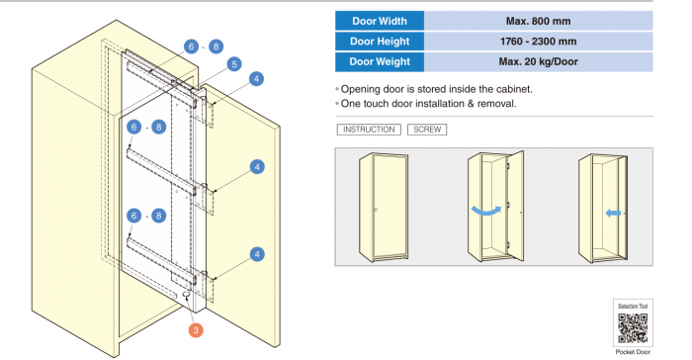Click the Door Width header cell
(x=380, y=21)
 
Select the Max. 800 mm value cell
(x=539, y=21)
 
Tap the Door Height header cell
(x=380, y=42)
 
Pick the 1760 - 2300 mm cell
(x=539, y=42)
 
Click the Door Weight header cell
(x=380, y=61)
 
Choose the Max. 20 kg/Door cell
(x=539, y=61)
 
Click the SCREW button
(x=427, y=130)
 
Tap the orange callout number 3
(x=196, y=330)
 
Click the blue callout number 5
(x=234, y=64)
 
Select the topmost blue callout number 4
(x=256, y=79)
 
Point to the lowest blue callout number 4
(x=257, y=254)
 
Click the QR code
(x=633, y=328)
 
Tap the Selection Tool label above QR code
(x=633, y=306)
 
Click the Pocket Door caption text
(x=633, y=352)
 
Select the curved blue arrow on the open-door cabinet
(x=486, y=211)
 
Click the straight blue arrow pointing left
(x=613, y=214)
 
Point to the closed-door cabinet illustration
(x=384, y=207)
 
